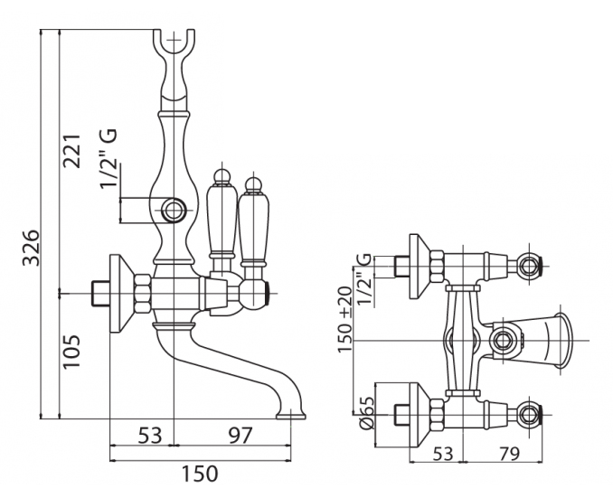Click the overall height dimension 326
pos(31,246)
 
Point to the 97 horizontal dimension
pos(239,435)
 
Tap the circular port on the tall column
pos(175,212)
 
